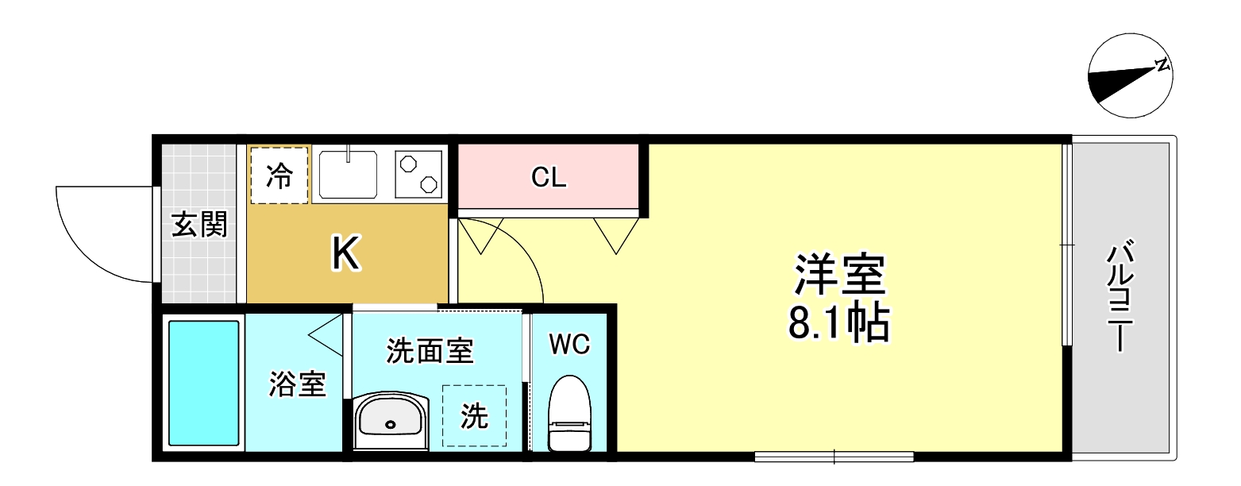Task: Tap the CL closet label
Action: pyautogui.click(x=549, y=178)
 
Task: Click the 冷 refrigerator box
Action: pyautogui.click(x=279, y=175)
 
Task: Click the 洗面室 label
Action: pyautogui.click(x=430, y=350)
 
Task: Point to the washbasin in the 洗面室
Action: pyautogui.click(x=390, y=421)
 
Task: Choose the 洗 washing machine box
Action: pyautogui.click(x=475, y=416)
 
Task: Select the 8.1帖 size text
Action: pyautogui.click(x=838, y=322)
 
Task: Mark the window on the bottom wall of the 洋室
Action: pyautogui.click(x=834, y=457)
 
